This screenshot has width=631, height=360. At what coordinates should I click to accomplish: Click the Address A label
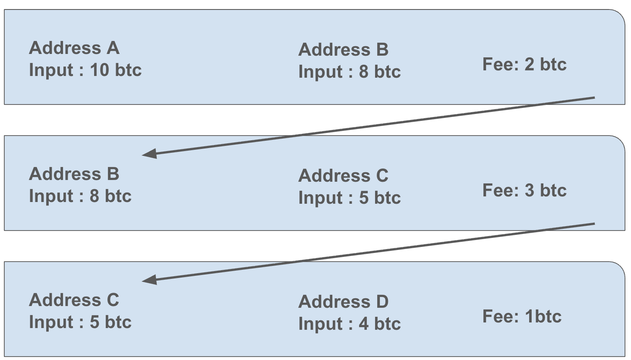coord(74,48)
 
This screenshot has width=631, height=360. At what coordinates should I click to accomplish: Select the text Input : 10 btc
coord(85,70)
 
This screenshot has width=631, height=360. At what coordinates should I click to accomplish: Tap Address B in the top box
coord(344,50)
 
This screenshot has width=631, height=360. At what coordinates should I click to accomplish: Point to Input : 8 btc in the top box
coord(350,72)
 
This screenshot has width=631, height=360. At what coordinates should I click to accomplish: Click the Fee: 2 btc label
coord(524,64)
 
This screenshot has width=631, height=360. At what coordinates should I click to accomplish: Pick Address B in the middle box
coord(74,174)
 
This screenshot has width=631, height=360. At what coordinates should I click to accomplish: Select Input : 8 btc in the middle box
coord(80,196)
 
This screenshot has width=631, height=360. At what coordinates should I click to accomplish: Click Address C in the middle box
coord(344,176)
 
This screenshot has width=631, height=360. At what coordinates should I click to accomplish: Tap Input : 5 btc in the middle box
coord(350,197)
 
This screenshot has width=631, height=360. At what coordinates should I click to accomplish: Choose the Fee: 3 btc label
coord(524,190)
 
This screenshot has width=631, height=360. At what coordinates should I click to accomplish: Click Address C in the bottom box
coord(74,300)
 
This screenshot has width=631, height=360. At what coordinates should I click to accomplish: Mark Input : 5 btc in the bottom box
coord(80,322)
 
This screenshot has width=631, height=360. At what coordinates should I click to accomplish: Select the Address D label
coord(344,302)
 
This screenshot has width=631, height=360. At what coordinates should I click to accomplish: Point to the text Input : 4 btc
coord(350,324)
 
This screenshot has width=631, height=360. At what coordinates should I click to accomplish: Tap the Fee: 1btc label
coord(522,316)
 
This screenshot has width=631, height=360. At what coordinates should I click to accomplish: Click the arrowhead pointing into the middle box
coord(149,154)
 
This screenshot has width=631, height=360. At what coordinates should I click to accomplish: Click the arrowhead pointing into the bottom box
coord(149,280)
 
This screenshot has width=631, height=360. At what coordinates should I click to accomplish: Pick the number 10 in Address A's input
coord(99,70)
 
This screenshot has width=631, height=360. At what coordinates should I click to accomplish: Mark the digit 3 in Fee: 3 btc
coord(529,190)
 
